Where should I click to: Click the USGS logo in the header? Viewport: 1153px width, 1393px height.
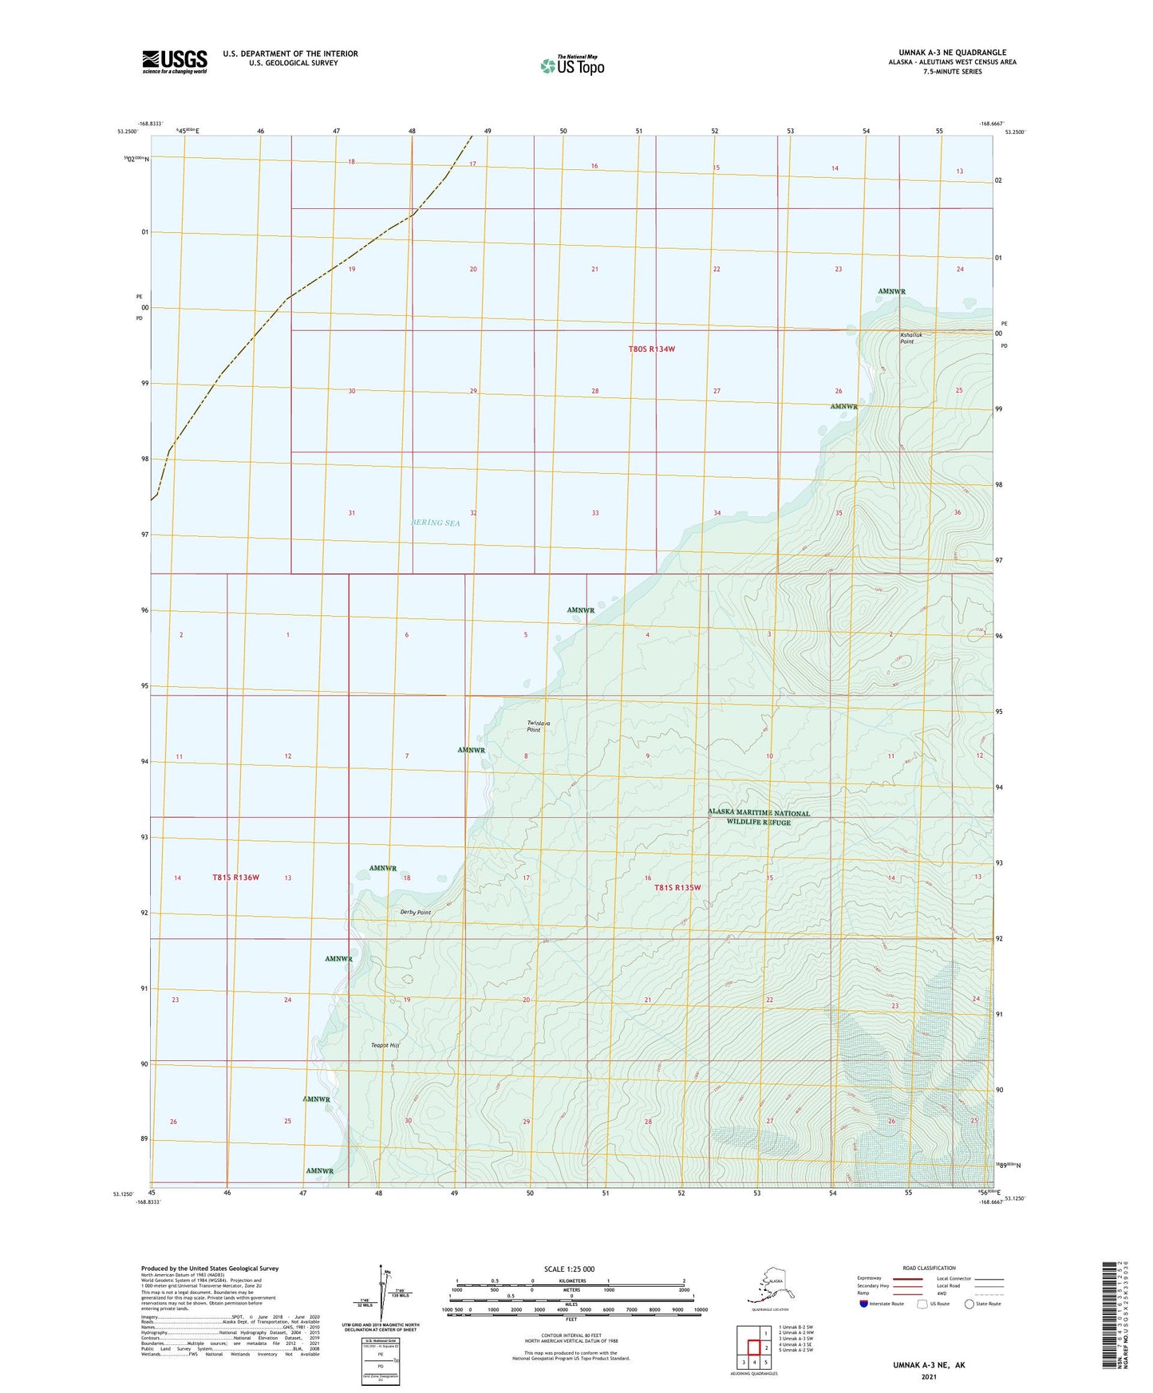coord(175,61)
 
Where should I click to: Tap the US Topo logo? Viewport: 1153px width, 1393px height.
coord(572,65)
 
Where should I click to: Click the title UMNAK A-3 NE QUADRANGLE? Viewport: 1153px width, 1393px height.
coord(942,53)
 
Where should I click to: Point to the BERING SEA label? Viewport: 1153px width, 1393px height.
coord(436,523)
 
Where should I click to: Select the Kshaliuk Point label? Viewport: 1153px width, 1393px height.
coord(910,338)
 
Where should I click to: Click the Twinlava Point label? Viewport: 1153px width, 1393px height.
coord(539,726)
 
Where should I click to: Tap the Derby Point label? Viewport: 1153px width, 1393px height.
coord(415,912)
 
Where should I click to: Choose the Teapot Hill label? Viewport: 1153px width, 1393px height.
coord(385,1045)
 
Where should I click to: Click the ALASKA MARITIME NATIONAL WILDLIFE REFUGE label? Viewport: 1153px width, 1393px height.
coord(758,818)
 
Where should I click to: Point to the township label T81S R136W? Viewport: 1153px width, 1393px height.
coord(235,878)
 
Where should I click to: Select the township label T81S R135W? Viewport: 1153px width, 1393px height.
coord(677,887)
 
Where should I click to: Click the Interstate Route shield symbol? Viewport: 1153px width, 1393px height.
coord(864,1304)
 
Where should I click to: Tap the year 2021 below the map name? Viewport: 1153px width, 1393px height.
coord(928,1376)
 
